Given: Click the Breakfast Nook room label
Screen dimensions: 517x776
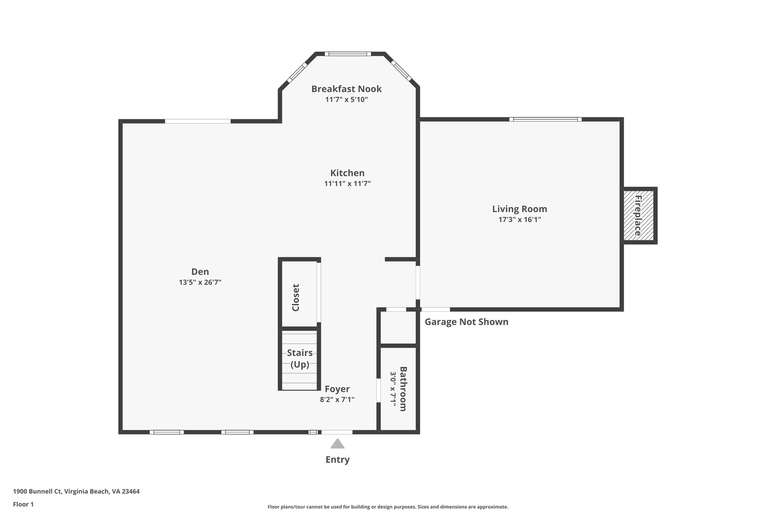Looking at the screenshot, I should coord(346,89).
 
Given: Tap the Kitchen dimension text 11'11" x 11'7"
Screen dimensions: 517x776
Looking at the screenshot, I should coord(347,184).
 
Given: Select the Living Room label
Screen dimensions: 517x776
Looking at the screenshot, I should coord(519,209).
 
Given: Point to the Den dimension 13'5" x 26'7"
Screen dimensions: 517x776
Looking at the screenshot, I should coord(200,282).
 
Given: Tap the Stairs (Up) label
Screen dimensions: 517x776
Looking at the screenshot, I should coord(299,358).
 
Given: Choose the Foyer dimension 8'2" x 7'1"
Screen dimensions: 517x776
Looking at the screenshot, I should coord(337,399).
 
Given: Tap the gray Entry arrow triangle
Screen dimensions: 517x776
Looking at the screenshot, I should coord(337,444).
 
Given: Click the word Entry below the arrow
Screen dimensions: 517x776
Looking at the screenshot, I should coord(337,460).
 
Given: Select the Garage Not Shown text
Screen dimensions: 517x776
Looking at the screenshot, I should coord(466,322).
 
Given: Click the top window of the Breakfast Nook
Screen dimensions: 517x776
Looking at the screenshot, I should coord(348,54).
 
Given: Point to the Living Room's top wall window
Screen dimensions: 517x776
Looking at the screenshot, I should coord(545,119).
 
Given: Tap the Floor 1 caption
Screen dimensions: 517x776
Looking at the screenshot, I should coord(23,505).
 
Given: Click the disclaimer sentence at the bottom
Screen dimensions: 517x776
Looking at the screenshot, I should coord(388,507).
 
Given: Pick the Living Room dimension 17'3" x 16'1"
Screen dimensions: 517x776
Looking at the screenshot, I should coord(519,220).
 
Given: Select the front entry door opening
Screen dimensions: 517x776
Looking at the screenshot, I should coord(336,432).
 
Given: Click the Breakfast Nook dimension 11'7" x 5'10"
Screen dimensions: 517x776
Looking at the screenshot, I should coord(346,100).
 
